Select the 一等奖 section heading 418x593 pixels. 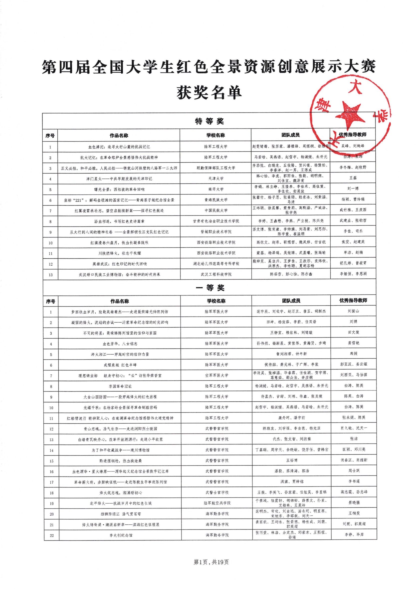pos(210,288)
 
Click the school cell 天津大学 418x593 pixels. pos(216,178)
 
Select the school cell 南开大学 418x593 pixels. pos(216,189)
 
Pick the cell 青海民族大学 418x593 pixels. pos(216,200)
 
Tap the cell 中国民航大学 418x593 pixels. pos(216,210)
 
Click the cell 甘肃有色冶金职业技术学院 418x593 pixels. pos(216,221)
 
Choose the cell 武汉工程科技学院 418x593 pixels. pos(216,274)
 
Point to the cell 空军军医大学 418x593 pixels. pos(216,375)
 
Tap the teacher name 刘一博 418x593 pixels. pos(353,188)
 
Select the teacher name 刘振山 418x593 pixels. pos(353,311)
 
